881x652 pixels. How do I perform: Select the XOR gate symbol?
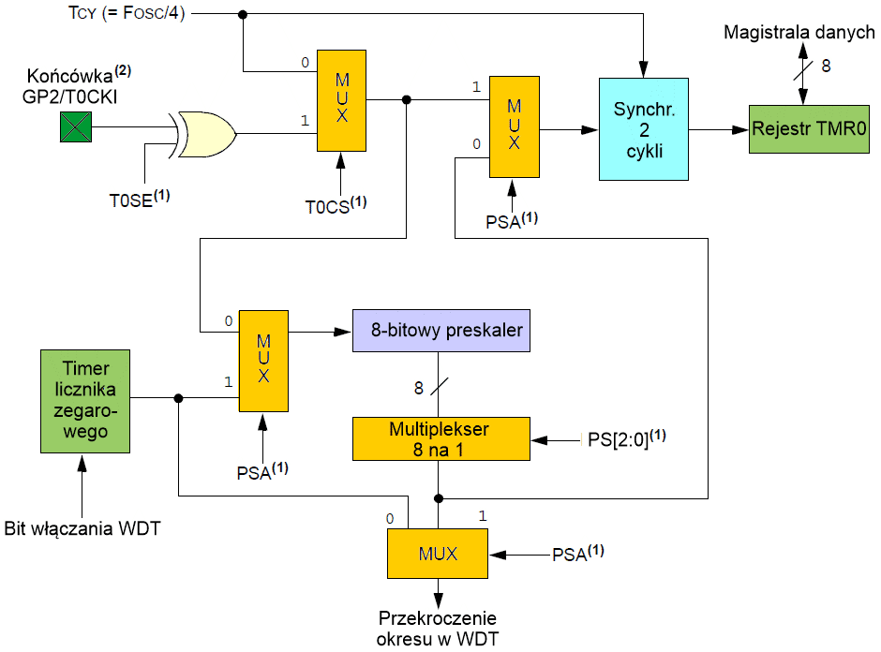(x=205, y=134)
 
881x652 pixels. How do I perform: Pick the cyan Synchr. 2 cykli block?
(x=644, y=129)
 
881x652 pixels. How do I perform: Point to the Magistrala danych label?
(x=799, y=33)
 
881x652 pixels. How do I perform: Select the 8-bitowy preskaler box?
(x=440, y=330)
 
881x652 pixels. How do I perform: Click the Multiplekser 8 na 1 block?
(x=440, y=438)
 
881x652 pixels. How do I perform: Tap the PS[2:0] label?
(x=626, y=437)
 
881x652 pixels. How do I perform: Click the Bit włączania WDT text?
(x=82, y=529)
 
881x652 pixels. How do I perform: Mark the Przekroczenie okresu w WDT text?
(x=437, y=629)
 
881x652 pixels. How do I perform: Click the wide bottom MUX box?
(x=438, y=554)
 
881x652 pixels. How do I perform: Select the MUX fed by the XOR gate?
(x=341, y=101)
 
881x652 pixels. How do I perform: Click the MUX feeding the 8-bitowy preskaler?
(x=262, y=360)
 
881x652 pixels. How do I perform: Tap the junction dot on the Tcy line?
(x=244, y=14)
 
